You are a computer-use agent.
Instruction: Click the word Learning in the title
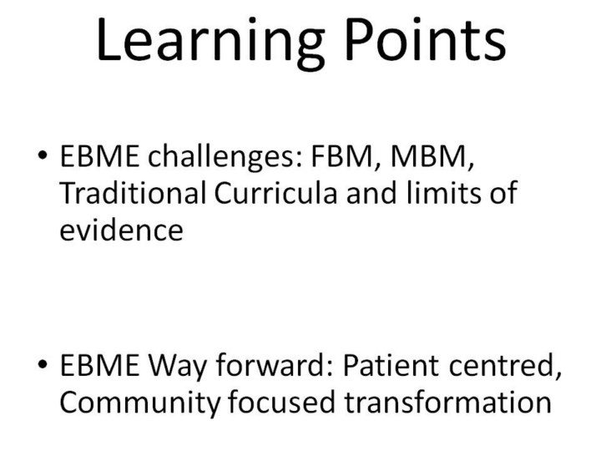click(x=210, y=42)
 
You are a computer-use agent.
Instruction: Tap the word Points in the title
click(x=426, y=39)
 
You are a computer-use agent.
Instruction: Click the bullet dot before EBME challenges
click(x=43, y=155)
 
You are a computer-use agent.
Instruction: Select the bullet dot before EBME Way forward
click(x=43, y=364)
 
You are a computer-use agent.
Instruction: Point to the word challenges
click(x=225, y=157)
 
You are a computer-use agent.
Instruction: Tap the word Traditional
click(x=133, y=193)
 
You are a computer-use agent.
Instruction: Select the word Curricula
click(x=275, y=193)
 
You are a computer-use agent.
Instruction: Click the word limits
click(x=443, y=193)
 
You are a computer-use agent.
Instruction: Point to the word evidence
click(x=122, y=231)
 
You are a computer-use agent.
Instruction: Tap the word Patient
click(x=391, y=364)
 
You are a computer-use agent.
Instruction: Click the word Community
click(x=140, y=403)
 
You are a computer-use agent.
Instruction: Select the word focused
click(x=282, y=401)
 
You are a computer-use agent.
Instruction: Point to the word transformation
click(x=447, y=401)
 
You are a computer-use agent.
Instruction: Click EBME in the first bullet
click(x=99, y=156)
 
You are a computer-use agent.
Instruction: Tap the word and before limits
click(x=371, y=193)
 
